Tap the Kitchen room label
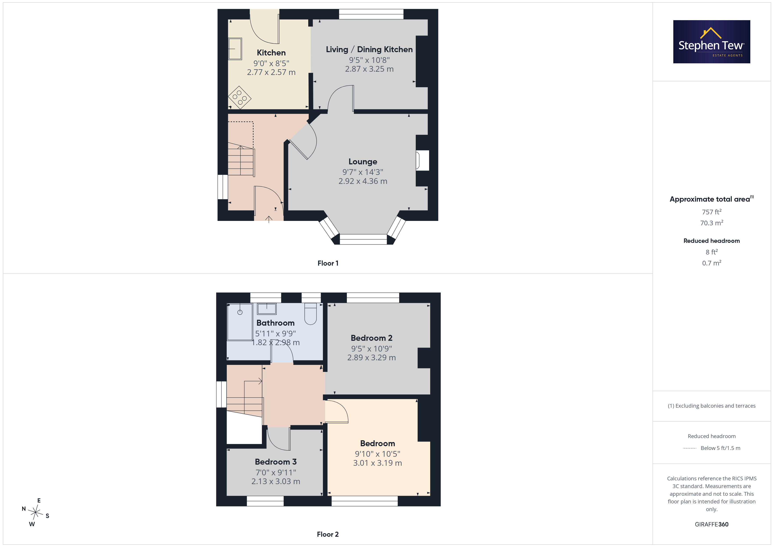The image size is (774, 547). tap(271, 53)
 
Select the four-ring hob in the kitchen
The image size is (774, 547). tap(240, 97)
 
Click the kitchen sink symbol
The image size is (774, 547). tap(235, 49)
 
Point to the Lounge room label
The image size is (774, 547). tap(363, 162)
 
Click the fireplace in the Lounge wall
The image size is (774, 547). tap(422, 160)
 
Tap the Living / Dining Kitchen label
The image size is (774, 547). tap(369, 50)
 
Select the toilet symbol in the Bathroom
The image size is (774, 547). tap(310, 314)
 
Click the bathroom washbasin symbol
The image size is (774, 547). tap(267, 309)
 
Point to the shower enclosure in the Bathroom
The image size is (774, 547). tap(240, 322)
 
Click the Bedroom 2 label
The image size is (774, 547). tap(371, 338)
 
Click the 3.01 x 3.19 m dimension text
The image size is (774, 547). tap(378, 463)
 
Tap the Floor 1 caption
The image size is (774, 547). tap(328, 263)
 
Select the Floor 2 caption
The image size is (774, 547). tap(328, 535)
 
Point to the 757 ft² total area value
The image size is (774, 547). tap(712, 212)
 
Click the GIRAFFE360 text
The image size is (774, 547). tap(712, 524)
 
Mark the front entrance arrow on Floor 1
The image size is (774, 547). tap(269, 219)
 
